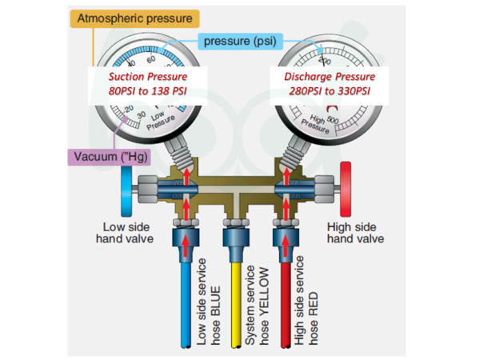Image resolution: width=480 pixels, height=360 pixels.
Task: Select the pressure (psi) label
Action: tap(238, 41)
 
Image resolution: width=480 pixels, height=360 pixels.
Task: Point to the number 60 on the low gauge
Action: tap(151, 59)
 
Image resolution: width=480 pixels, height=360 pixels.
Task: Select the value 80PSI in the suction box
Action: tap(122, 91)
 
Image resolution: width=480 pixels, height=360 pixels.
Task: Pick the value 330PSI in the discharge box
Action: tap(352, 91)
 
